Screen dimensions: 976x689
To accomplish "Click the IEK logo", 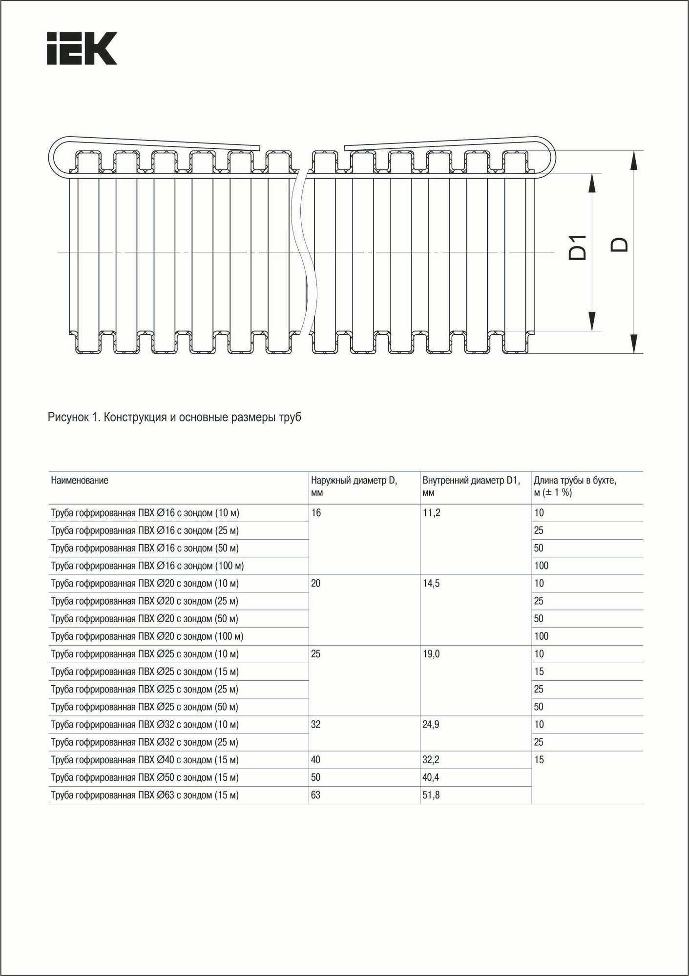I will (82, 48).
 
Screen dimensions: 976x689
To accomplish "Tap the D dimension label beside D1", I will (620, 244).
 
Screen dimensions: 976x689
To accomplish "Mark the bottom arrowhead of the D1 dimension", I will (592, 322).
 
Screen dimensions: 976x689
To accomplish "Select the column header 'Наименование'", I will (80, 480).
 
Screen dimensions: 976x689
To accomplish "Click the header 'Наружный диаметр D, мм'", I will (354, 486).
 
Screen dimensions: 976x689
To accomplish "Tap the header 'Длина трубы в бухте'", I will (575, 486).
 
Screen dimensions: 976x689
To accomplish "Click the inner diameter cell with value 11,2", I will (431, 513).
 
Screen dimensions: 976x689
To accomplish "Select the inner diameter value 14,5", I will (431, 583).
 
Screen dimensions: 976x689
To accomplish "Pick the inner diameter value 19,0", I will (431, 654).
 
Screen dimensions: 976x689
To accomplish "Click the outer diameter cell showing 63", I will (315, 795).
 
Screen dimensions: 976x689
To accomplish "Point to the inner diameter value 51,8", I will (431, 795).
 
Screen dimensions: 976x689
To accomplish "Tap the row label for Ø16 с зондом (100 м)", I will (147, 566).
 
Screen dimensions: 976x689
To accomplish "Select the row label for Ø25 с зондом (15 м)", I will (145, 671).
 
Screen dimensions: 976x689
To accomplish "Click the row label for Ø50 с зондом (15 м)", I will (145, 777).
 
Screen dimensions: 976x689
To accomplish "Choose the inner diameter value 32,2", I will (431, 760).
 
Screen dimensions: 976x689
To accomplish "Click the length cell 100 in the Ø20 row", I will (541, 636).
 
